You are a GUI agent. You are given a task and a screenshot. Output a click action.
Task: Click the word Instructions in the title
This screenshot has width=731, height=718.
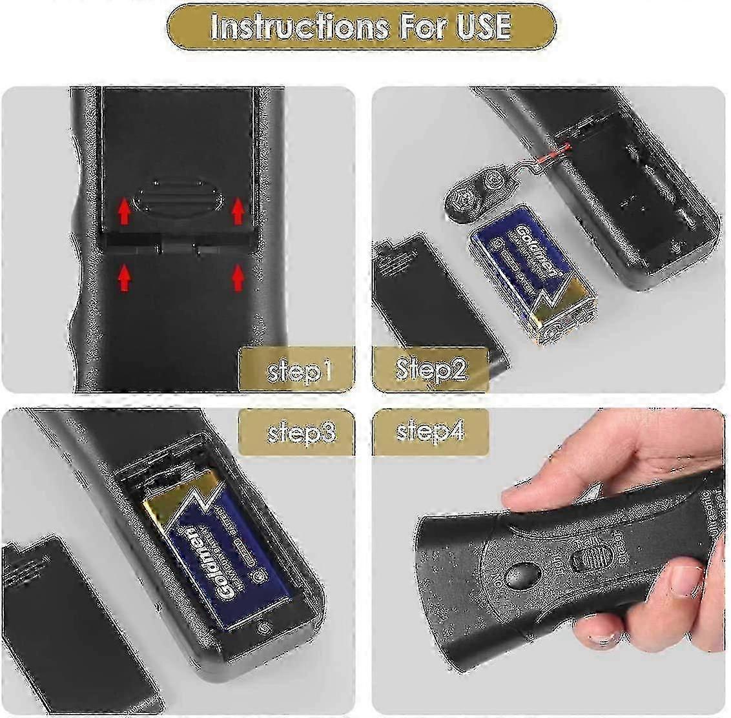point(298,27)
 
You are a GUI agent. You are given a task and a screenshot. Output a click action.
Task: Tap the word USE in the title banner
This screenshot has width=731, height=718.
point(479,27)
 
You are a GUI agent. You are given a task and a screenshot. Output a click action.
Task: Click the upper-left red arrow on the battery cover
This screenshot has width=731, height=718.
point(125,211)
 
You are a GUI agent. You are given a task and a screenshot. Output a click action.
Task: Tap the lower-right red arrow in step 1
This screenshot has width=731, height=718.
point(238,278)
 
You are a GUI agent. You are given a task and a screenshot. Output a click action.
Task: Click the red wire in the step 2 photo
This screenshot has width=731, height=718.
point(553,154)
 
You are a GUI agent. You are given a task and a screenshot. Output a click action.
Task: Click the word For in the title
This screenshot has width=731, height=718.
point(422,27)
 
